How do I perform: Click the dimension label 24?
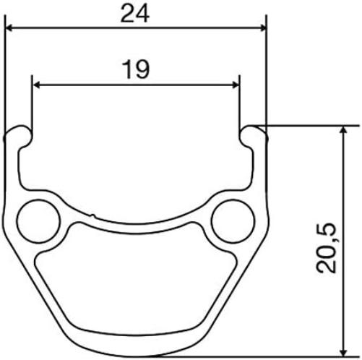point(135,14)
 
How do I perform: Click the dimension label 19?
point(136,69)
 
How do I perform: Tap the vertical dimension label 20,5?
point(326,248)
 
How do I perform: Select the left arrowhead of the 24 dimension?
point(9,28)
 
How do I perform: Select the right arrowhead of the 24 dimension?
point(262,28)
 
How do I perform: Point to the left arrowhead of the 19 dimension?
point(36,85)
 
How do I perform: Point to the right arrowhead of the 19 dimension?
point(235,85)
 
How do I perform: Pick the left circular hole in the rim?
point(38,221)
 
